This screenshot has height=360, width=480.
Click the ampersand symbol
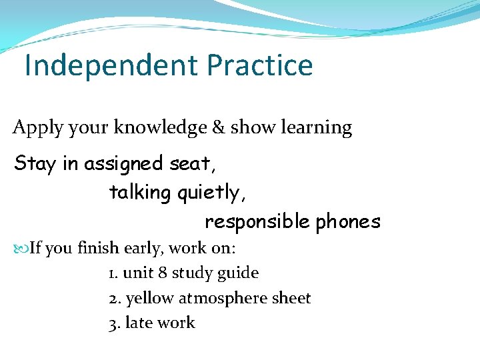(218, 127)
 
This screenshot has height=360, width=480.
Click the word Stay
(35, 163)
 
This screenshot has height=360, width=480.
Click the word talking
(140, 193)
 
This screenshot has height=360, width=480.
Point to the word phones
(348, 221)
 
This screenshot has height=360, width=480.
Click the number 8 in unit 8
(163, 273)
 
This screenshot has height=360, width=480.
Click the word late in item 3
(138, 323)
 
